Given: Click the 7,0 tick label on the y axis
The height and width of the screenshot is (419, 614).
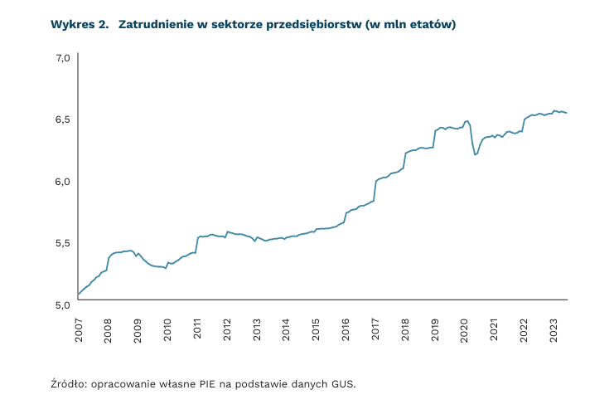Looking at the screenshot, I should [61, 58].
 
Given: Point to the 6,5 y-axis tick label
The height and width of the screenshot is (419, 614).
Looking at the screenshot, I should [61, 119].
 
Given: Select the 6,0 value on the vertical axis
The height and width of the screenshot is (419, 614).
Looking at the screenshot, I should [61, 181].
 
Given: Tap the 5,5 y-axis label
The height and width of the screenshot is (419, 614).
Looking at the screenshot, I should [61, 242].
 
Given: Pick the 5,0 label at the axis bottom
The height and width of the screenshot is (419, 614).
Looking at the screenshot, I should [61, 305].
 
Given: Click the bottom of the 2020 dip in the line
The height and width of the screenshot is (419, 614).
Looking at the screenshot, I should [475, 154].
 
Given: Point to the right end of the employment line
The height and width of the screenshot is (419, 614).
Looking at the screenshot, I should [567, 113].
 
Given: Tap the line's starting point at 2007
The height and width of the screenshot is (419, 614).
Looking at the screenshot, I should [78, 294].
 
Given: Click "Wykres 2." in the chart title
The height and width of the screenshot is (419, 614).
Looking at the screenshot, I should [80, 25].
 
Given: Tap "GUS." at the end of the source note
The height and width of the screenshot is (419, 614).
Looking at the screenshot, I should [341, 384].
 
